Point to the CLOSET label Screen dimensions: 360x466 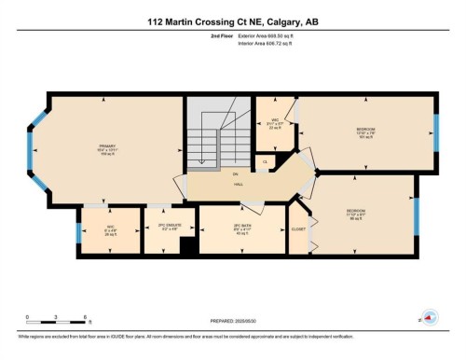(x=298, y=228)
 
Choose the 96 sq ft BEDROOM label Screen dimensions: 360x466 (x=355, y=214)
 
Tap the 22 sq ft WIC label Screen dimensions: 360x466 (x=274, y=124)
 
